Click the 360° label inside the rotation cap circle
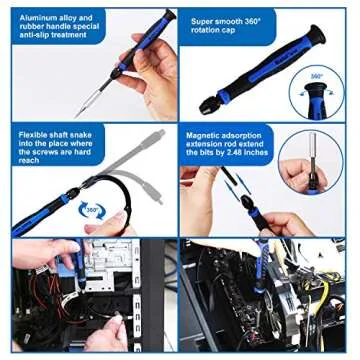point(316,76)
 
